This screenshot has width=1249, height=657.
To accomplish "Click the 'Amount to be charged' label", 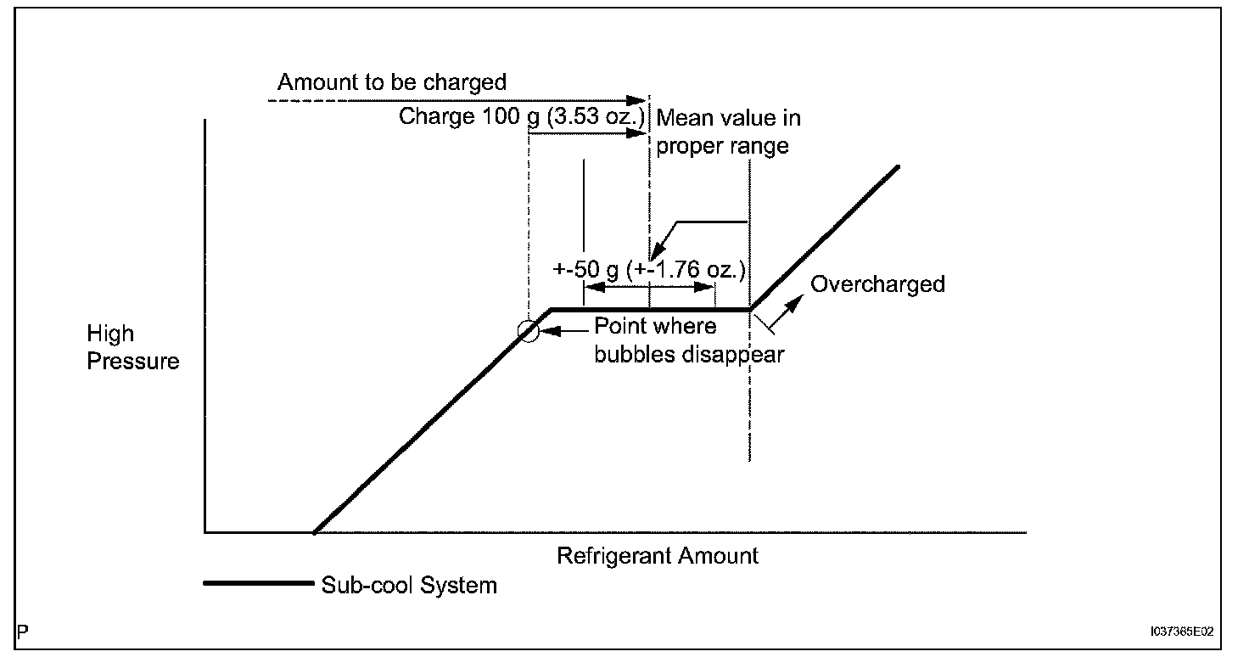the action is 391,82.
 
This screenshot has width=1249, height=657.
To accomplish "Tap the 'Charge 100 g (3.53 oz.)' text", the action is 521,115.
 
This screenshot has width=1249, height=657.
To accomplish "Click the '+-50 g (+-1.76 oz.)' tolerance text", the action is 649,270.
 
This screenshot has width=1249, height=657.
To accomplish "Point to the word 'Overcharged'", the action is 877,284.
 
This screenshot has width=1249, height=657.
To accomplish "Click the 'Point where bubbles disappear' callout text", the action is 687,340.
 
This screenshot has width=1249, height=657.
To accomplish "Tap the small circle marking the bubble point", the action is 529,331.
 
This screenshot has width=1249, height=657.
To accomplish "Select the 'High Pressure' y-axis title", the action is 133,348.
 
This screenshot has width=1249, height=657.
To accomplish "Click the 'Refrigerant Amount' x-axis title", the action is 658,556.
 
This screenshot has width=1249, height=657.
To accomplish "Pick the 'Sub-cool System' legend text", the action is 409,585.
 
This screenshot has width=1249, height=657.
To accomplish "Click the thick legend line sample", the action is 258,584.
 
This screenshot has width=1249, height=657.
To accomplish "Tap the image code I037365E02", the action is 1182,632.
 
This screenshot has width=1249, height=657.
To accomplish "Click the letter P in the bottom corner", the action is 22,632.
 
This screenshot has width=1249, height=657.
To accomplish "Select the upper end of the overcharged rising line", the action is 896,166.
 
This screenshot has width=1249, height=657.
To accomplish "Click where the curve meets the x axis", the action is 314,532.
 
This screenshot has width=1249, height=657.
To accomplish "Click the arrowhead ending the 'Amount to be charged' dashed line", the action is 641,100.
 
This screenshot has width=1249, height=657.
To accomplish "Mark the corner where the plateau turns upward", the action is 750,309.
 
